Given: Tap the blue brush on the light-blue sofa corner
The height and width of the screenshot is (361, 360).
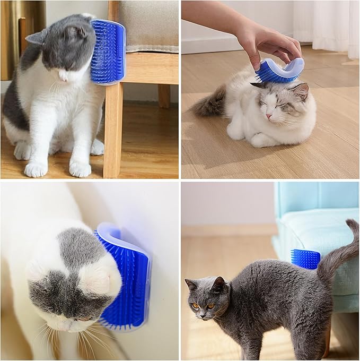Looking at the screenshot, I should point(305,259).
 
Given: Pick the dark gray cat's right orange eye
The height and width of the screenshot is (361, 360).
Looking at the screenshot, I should point(212,306).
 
